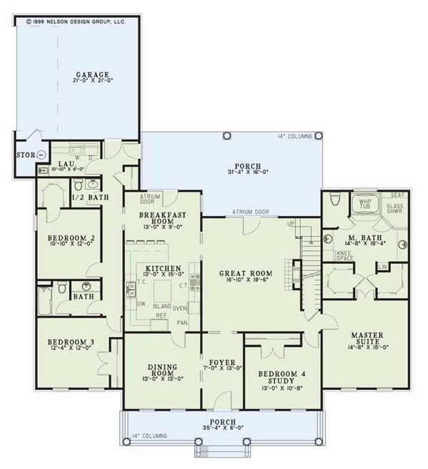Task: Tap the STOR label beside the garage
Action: tap(24, 154)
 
